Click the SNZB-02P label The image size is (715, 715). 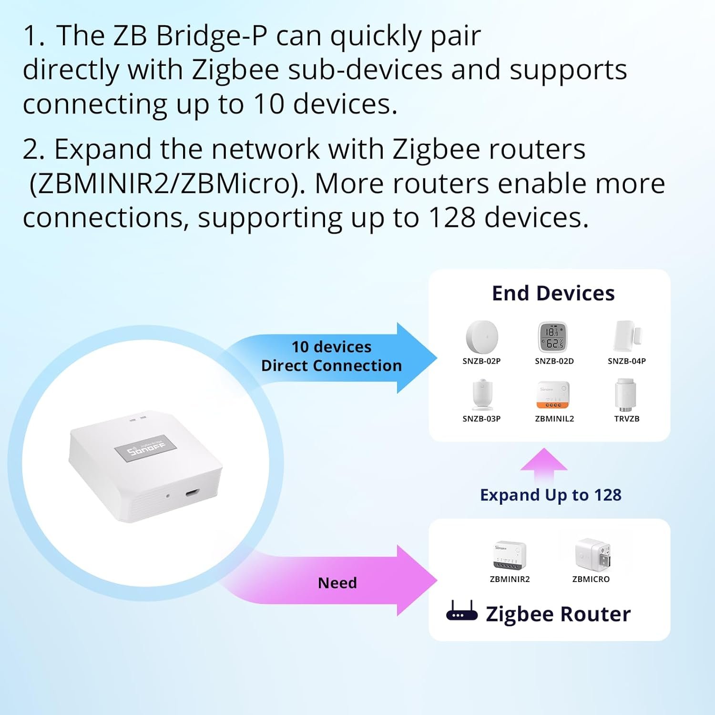click(x=481, y=361)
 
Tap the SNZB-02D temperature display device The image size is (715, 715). click(x=553, y=337)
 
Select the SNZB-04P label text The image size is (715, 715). click(x=626, y=361)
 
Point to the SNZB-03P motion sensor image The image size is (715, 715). click(x=482, y=395)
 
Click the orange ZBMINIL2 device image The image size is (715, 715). click(x=553, y=395)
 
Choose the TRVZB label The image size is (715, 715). click(x=626, y=419)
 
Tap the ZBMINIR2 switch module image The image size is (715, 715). click(x=510, y=555)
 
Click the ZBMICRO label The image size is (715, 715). click(x=591, y=579)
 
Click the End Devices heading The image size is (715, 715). click(x=553, y=294)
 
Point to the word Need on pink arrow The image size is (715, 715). click(x=337, y=583)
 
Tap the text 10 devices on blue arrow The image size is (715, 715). click(x=331, y=347)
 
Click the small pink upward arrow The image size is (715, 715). click(x=544, y=463)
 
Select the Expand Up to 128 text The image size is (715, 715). click(x=551, y=495)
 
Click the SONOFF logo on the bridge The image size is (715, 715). click(x=145, y=448)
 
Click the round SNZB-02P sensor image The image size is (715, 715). click(x=482, y=337)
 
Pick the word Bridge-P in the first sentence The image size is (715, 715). click(x=211, y=36)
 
